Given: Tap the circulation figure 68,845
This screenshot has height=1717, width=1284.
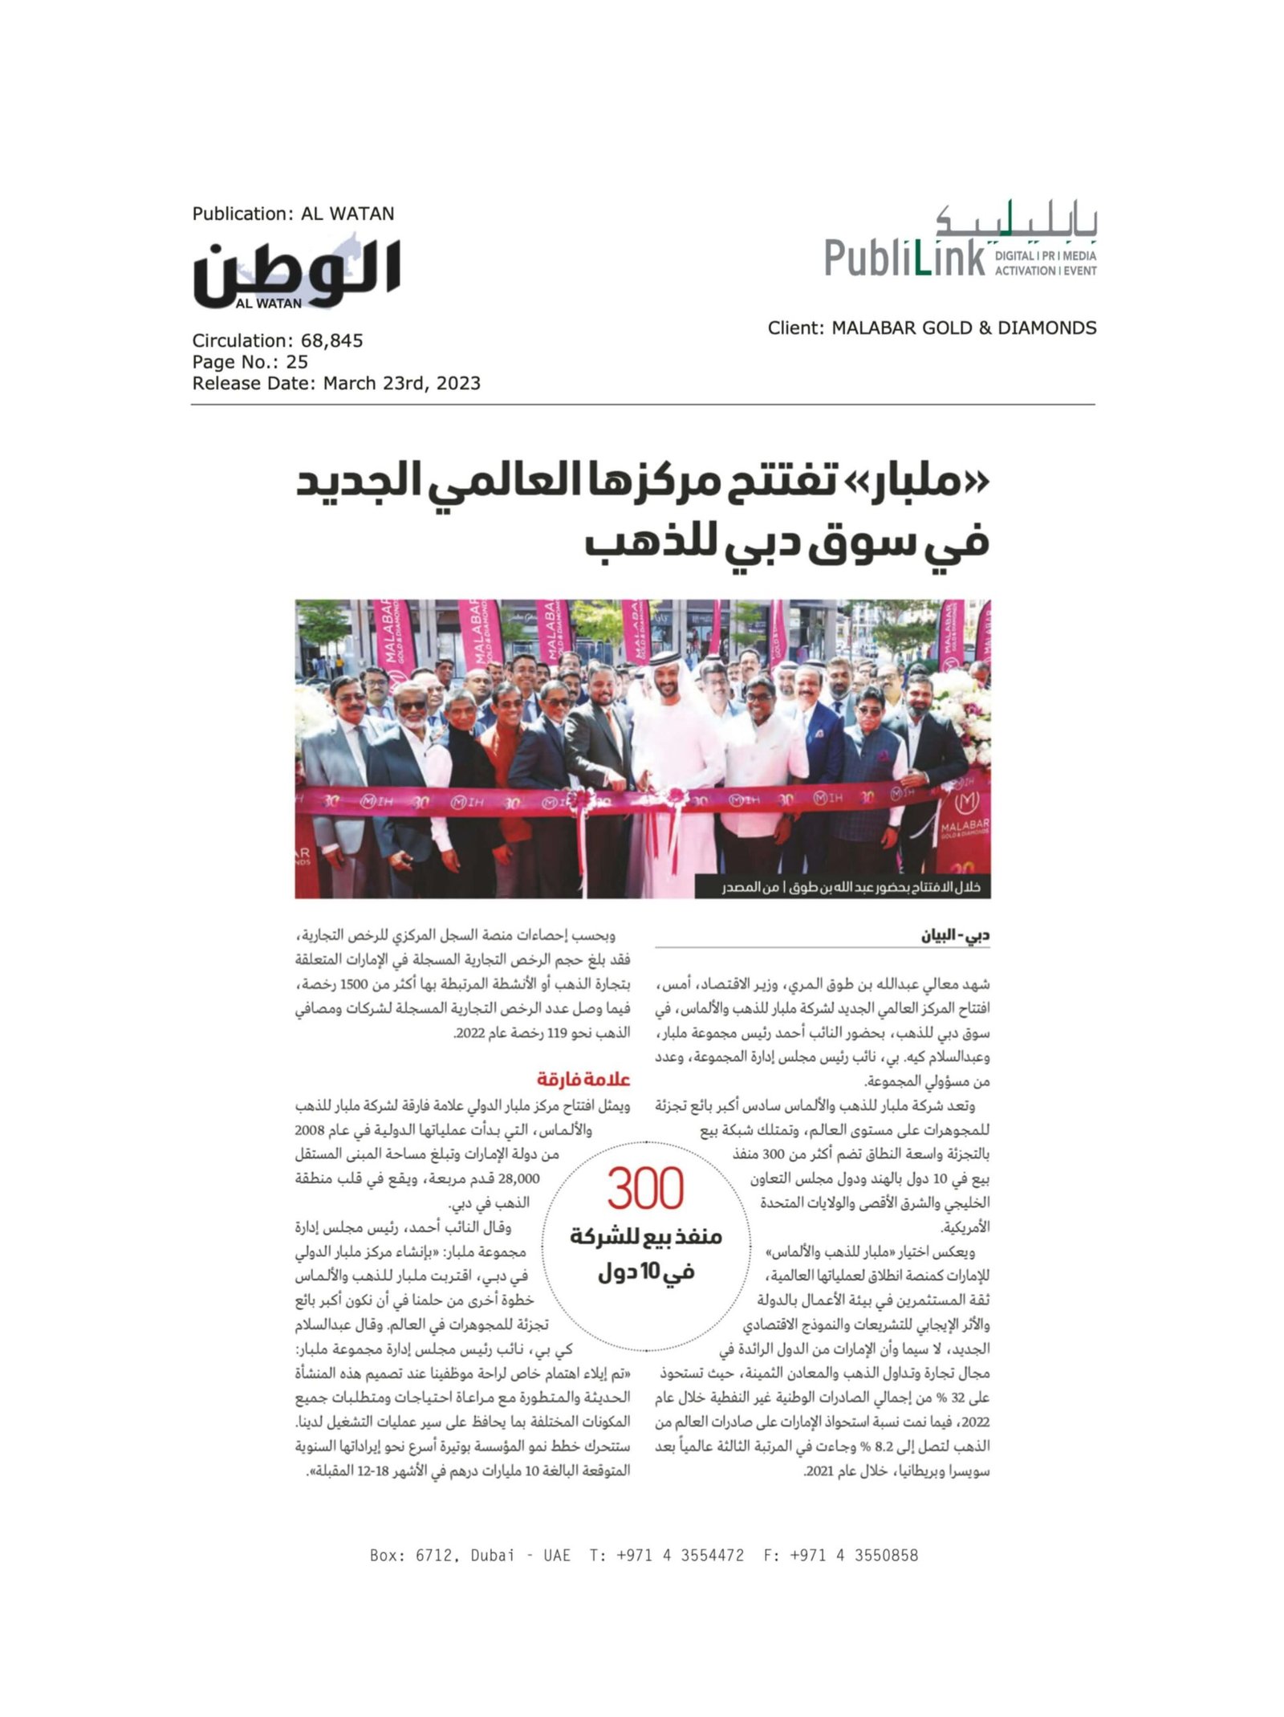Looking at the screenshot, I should pyautogui.click(x=331, y=340).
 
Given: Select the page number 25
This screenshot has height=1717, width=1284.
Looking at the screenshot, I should pyautogui.click(x=296, y=361).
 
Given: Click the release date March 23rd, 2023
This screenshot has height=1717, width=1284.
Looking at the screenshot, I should pyautogui.click(x=401, y=383).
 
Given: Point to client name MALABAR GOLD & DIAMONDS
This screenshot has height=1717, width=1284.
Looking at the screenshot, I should pyautogui.click(x=963, y=328).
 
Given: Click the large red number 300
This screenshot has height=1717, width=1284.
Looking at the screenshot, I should pyautogui.click(x=644, y=1189).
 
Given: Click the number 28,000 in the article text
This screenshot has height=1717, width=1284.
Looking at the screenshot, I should pyautogui.click(x=518, y=1178).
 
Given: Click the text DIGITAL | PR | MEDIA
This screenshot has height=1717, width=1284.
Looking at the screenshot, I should pyautogui.click(x=1045, y=256).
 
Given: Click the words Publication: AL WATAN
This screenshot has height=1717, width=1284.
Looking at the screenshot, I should pyautogui.click(x=293, y=214).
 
